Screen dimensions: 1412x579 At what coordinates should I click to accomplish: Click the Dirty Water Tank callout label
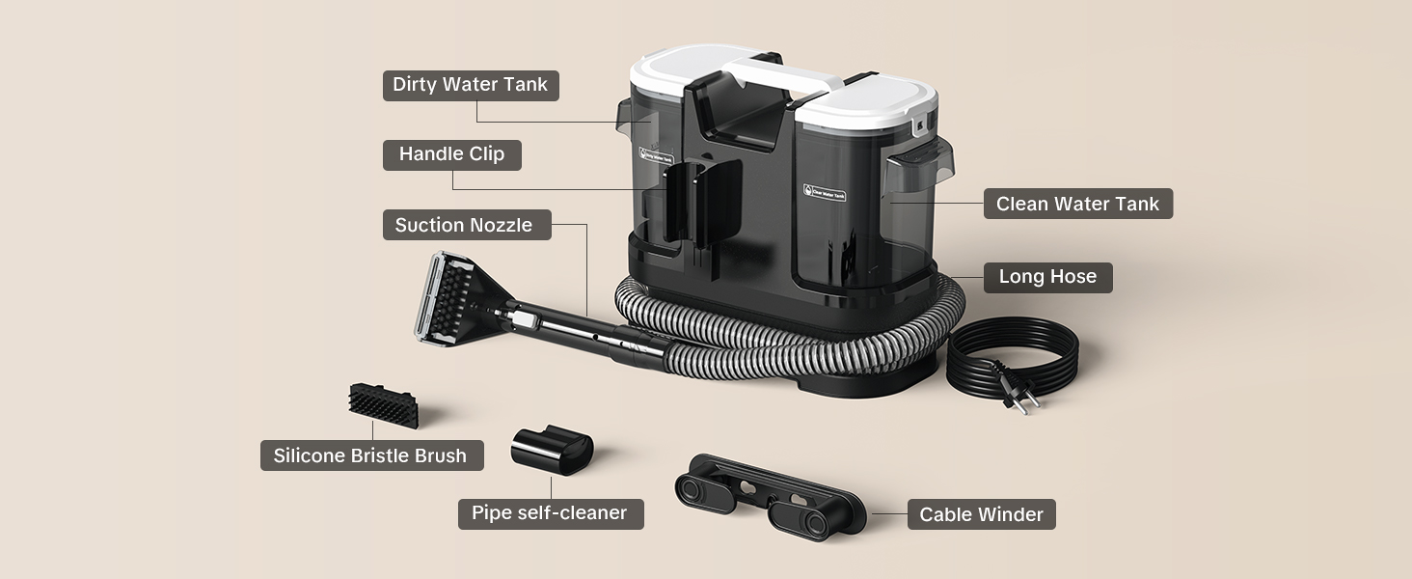click(471, 85)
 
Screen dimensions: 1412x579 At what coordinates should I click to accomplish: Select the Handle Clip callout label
click(452, 154)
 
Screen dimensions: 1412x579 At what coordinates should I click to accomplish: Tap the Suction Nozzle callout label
click(467, 225)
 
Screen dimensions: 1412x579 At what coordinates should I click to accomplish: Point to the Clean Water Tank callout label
click(1078, 204)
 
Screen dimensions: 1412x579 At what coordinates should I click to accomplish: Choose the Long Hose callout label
click(1047, 278)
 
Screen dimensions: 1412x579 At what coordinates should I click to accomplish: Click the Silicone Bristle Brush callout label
click(372, 455)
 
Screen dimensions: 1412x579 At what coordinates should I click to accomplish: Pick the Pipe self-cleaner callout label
click(551, 513)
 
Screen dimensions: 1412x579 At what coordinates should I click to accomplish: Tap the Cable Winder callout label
click(982, 514)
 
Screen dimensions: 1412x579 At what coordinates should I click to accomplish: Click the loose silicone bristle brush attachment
click(383, 405)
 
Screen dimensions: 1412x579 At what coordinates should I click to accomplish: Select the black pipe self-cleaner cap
click(552, 450)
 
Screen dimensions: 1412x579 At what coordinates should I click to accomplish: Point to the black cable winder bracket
click(771, 497)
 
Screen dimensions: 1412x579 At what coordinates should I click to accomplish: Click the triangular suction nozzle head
click(460, 299)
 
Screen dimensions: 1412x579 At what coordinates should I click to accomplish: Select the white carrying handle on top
click(781, 75)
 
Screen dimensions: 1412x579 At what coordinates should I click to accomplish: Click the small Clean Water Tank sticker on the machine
click(825, 192)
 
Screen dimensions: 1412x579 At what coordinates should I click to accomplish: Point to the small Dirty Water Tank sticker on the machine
click(656, 155)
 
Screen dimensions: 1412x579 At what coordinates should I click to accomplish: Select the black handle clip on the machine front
click(702, 202)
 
